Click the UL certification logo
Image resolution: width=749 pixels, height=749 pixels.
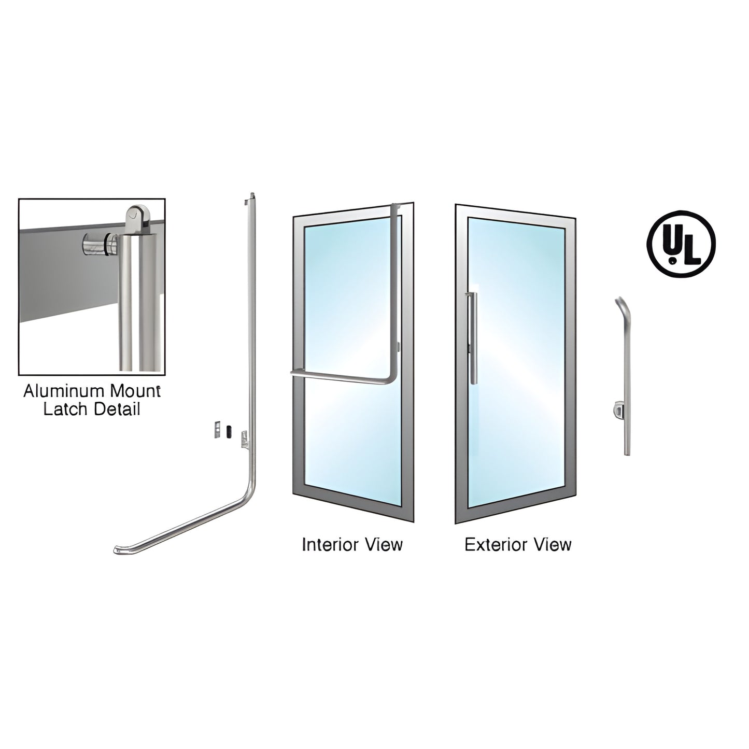[x=681, y=244]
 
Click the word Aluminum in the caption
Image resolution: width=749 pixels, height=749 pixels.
[x=64, y=391]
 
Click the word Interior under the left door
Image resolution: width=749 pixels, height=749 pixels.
[x=329, y=545]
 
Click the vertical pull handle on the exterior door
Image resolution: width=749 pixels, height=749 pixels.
[x=473, y=338]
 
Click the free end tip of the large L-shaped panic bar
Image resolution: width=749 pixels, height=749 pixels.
[x=116, y=550]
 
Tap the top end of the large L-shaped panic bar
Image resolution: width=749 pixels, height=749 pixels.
[x=251, y=194]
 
